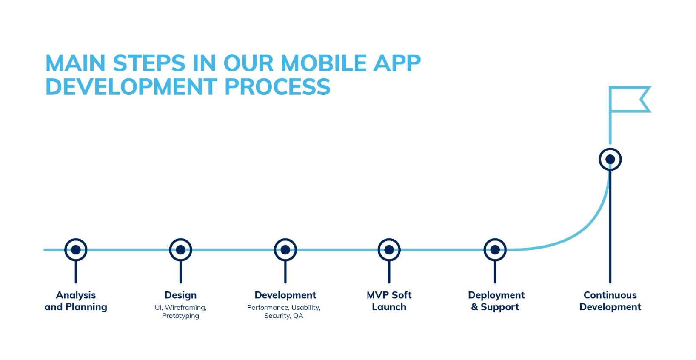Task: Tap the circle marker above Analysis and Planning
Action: (76, 250)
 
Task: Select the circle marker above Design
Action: (180, 250)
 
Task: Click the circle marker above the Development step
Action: (285, 250)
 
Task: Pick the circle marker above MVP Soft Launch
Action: (389, 250)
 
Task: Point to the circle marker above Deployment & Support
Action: (495, 250)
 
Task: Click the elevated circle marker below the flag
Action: (610, 160)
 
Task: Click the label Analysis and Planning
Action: (76, 301)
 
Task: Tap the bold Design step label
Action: (180, 295)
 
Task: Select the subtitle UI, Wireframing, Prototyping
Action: (180, 311)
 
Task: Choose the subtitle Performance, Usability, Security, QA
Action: (284, 311)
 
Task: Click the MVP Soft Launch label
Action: (389, 301)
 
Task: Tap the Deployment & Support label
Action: (496, 301)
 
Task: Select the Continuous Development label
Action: (610, 301)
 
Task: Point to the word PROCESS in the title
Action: (277, 87)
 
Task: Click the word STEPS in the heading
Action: (149, 63)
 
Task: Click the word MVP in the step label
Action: (377, 295)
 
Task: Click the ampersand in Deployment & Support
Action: (474, 307)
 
